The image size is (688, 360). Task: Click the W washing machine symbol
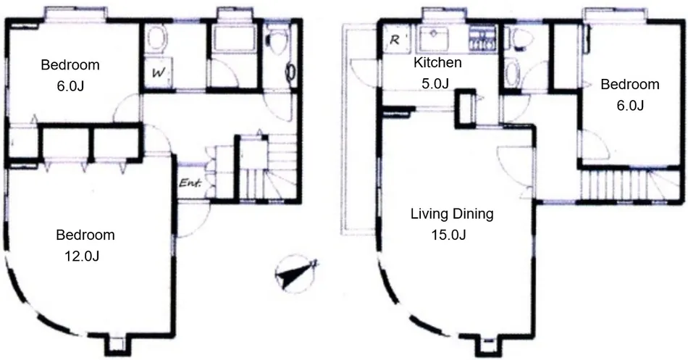(x=159, y=73)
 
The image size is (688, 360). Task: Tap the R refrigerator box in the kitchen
(x=395, y=40)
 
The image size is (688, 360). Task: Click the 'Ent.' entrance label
(x=190, y=183)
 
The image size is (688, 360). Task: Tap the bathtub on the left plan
(x=233, y=40)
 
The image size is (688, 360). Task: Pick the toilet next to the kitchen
(x=521, y=38)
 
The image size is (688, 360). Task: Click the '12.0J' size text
(x=82, y=256)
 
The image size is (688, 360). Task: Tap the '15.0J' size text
(x=448, y=235)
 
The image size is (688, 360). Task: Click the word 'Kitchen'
(x=437, y=62)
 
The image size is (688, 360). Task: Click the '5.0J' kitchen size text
(x=435, y=83)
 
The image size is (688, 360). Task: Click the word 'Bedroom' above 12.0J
(x=85, y=235)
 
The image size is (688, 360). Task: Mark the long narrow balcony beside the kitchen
(x=358, y=130)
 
